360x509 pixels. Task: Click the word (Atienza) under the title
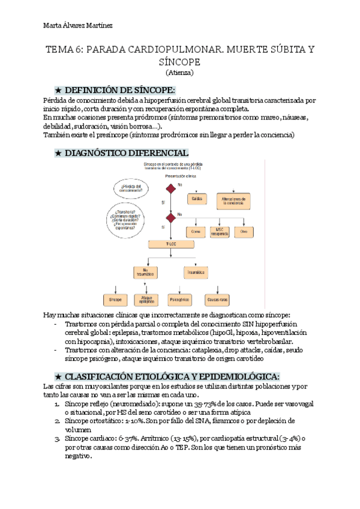pyautogui.click(x=180, y=73)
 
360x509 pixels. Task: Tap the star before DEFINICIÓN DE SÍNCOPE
pyautogui.click(x=58, y=89)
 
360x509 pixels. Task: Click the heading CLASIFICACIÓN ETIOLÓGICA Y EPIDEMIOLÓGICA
pyautogui.click(x=172, y=376)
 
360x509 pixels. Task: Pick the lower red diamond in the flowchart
pyautogui.click(x=172, y=217)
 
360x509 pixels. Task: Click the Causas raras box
pyautogui.click(x=217, y=298)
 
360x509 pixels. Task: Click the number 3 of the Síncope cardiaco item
pyautogui.click(x=56, y=439)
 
